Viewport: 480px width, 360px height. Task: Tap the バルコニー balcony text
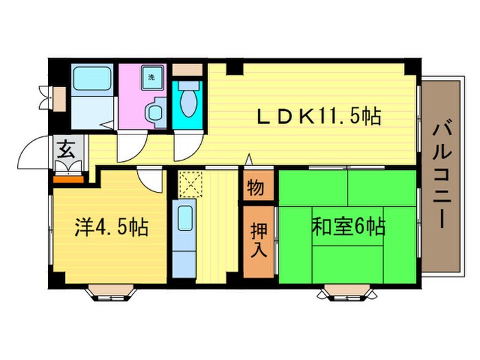coord(442,175)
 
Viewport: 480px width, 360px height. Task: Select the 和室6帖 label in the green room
coord(348,226)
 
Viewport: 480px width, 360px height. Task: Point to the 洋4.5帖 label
coord(112,227)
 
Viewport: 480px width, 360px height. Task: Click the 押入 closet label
coord(257,239)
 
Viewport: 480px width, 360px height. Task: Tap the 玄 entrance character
coord(67,149)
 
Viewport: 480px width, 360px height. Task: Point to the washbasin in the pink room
coord(155,112)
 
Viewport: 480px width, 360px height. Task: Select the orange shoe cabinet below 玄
coord(68,179)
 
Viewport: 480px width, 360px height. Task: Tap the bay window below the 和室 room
coord(348,293)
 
